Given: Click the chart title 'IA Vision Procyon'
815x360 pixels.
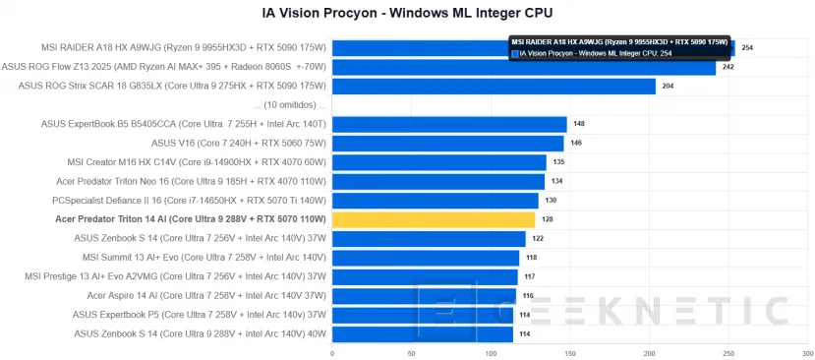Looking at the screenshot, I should point(407,13).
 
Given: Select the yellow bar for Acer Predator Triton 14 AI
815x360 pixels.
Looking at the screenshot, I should point(434,219).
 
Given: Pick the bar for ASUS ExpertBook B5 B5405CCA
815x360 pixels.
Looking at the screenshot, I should point(449,124).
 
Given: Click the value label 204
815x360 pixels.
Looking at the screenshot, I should point(669,86).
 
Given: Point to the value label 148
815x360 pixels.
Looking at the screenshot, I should point(579,124).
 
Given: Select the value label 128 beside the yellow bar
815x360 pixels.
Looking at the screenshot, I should point(548,219).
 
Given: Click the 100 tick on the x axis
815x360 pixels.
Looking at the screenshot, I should point(491,352).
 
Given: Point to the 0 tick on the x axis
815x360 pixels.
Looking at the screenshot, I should point(332,352).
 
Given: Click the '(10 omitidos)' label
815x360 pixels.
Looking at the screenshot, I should point(289,104).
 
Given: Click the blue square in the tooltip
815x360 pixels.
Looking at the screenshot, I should point(514,53).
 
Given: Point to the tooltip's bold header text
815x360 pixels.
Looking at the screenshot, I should point(619,42).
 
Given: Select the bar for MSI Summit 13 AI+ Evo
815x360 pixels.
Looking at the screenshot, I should point(426,258).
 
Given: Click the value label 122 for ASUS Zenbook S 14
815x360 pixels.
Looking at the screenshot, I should point(538,239).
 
